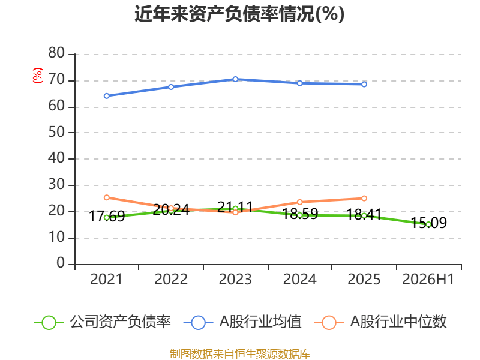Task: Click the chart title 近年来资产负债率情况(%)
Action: (x=239, y=14)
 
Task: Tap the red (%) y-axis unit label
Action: (x=38, y=76)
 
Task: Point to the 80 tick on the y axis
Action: (x=56, y=53)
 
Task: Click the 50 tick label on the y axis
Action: (x=56, y=132)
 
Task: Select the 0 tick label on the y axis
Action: (x=61, y=263)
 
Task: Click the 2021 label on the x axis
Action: (x=106, y=279)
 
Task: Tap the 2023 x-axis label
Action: (x=235, y=279)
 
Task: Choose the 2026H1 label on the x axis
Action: (x=428, y=279)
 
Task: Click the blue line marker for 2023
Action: (x=235, y=79)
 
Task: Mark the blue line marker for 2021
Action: (x=107, y=96)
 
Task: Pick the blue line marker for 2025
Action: (x=364, y=84)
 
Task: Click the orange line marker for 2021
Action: (x=107, y=197)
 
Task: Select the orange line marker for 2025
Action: (x=364, y=199)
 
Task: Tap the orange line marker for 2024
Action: (x=299, y=202)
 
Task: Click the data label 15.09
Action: (x=428, y=223)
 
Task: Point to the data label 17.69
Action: (x=107, y=217)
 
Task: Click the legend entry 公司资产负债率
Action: (x=103, y=322)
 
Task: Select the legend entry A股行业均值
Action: (x=243, y=322)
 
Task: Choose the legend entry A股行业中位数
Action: (x=380, y=322)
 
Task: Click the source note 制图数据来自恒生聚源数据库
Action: (x=240, y=353)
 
